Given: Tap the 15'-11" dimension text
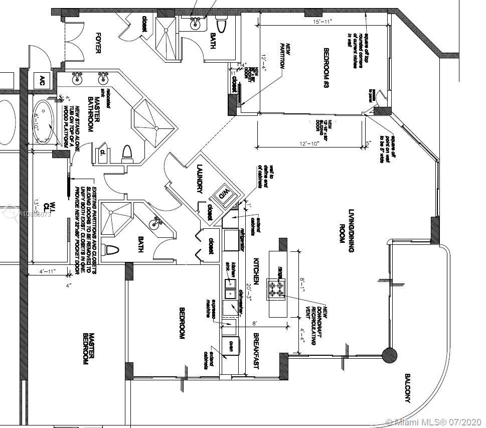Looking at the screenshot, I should coord(323,22).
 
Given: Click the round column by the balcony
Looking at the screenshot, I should coord(390,356).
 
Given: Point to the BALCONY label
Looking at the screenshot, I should coord(407,388).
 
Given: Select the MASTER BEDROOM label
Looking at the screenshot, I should coord(88,349).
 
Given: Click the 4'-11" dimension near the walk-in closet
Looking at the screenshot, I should coord(47,271).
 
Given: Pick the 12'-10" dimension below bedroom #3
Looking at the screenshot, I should coord(309,144).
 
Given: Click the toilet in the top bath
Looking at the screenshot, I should coord(221,22).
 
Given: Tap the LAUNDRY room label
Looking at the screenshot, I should coord(200,179).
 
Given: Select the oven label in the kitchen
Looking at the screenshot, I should coord(231,346).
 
